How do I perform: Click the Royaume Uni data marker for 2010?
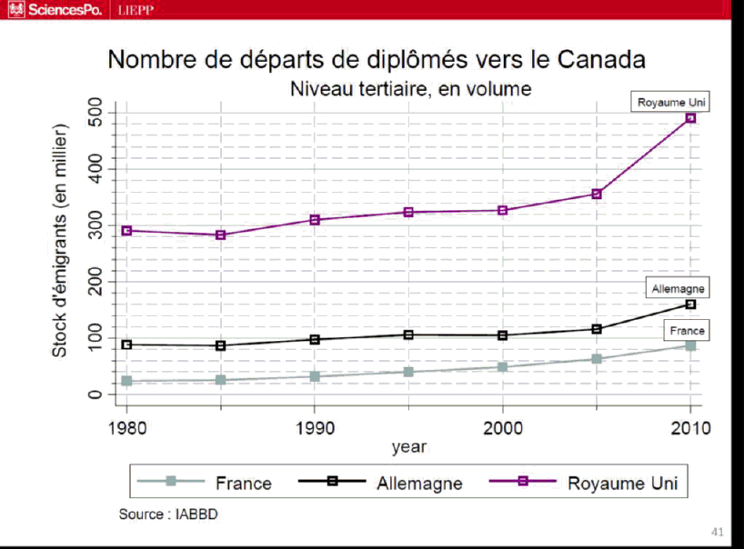pyautogui.click(x=690, y=117)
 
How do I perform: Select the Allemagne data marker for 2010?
pyautogui.click(x=690, y=304)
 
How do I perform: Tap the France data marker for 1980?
pyautogui.click(x=126, y=381)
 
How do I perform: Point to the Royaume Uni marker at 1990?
pyautogui.click(x=315, y=220)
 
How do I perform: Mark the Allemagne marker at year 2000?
pyautogui.click(x=502, y=335)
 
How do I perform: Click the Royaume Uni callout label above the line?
pyautogui.click(x=672, y=102)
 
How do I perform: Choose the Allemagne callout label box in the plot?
pyautogui.click(x=679, y=289)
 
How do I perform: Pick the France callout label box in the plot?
pyautogui.click(x=687, y=331)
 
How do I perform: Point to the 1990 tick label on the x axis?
pyautogui.click(x=315, y=427)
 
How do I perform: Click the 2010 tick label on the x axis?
pyautogui.click(x=690, y=427)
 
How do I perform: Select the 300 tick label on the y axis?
pyautogui.click(x=96, y=225)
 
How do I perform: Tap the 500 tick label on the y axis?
pyautogui.click(x=96, y=113)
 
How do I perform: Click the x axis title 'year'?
pyautogui.click(x=408, y=447)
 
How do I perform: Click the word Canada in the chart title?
pyautogui.click(x=600, y=60)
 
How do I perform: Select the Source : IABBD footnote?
pyautogui.click(x=168, y=514)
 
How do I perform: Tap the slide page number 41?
pyautogui.click(x=717, y=531)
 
